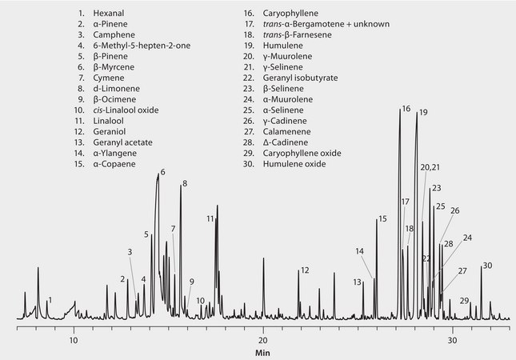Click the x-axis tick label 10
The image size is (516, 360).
74,338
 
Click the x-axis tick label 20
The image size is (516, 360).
263,338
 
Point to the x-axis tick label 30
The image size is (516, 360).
452,338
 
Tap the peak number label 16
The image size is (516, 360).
406,108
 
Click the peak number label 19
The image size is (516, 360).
423,112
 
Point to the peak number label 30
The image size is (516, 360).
487,265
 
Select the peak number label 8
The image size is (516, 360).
184,184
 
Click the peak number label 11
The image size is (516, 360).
210,218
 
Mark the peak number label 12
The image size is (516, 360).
304,270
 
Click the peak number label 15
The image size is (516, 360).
382,218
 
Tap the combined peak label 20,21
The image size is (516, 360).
430,167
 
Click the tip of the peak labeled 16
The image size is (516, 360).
399,109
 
